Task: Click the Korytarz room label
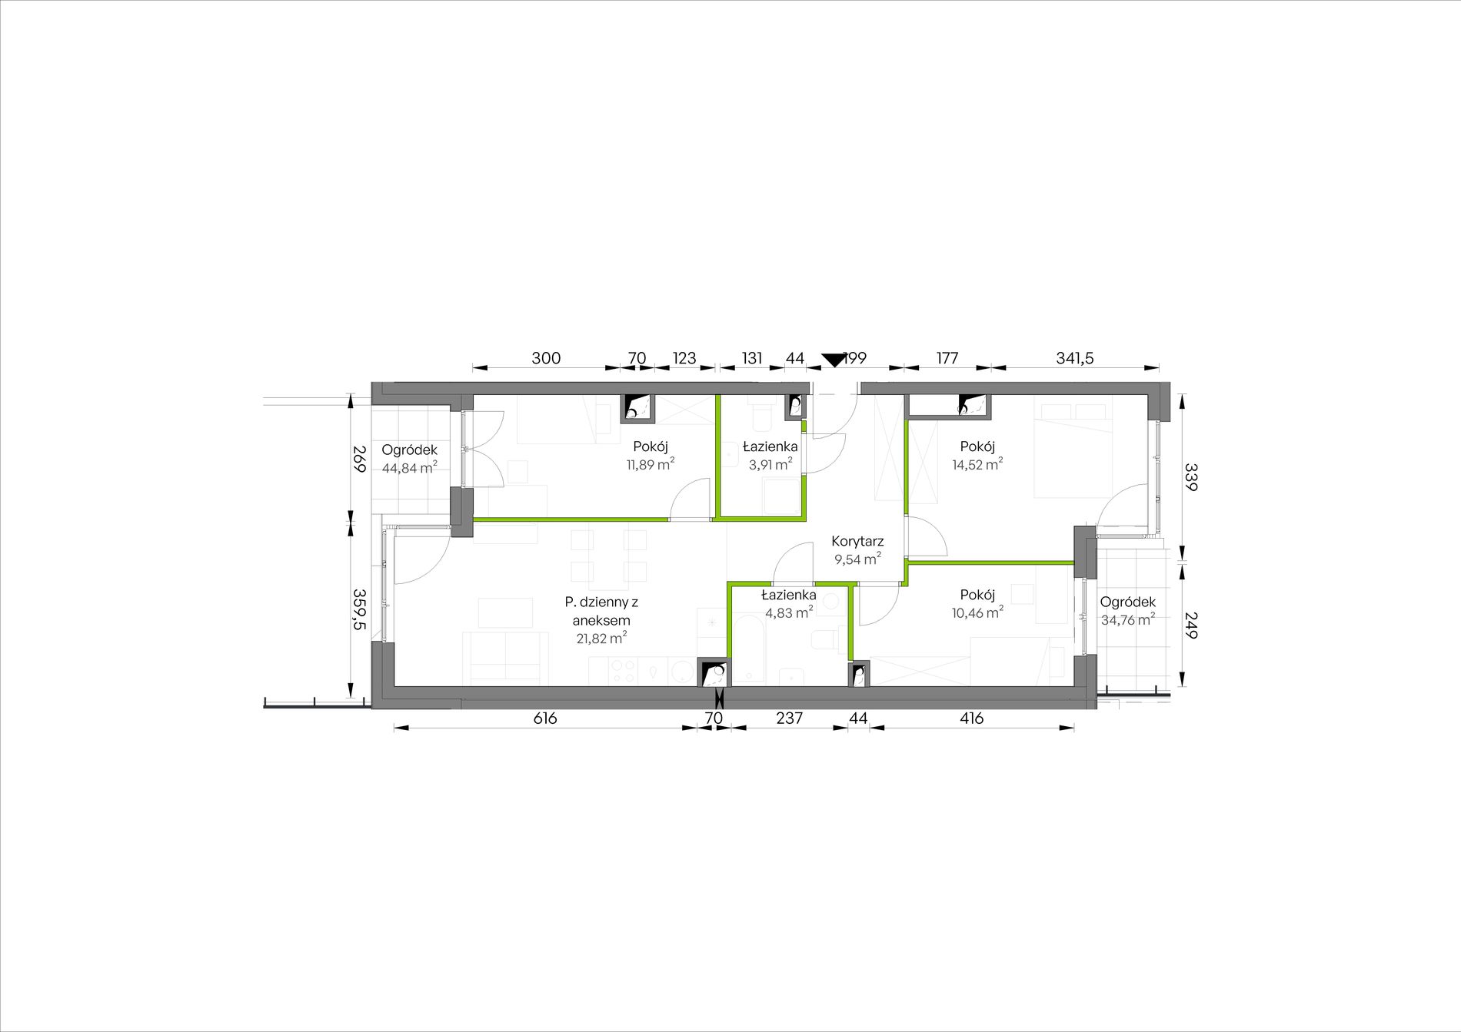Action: [x=857, y=541]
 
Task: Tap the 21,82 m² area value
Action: [x=601, y=638]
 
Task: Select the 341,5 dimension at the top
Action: [x=1074, y=358]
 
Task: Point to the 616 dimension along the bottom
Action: [x=544, y=718]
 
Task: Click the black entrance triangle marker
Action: [x=833, y=360]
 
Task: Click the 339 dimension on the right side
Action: [x=1190, y=476]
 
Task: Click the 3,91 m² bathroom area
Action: [x=770, y=464]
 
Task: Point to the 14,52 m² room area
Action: [x=977, y=464]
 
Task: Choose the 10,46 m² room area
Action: [x=977, y=612]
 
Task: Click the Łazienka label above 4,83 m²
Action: [x=788, y=595]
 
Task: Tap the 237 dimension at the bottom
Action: [x=789, y=718]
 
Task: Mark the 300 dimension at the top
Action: [x=546, y=358]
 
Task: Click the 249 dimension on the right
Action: [x=1190, y=626]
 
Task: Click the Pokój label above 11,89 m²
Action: [x=651, y=446]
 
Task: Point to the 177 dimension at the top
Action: [x=947, y=358]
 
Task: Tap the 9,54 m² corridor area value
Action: [x=857, y=559]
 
